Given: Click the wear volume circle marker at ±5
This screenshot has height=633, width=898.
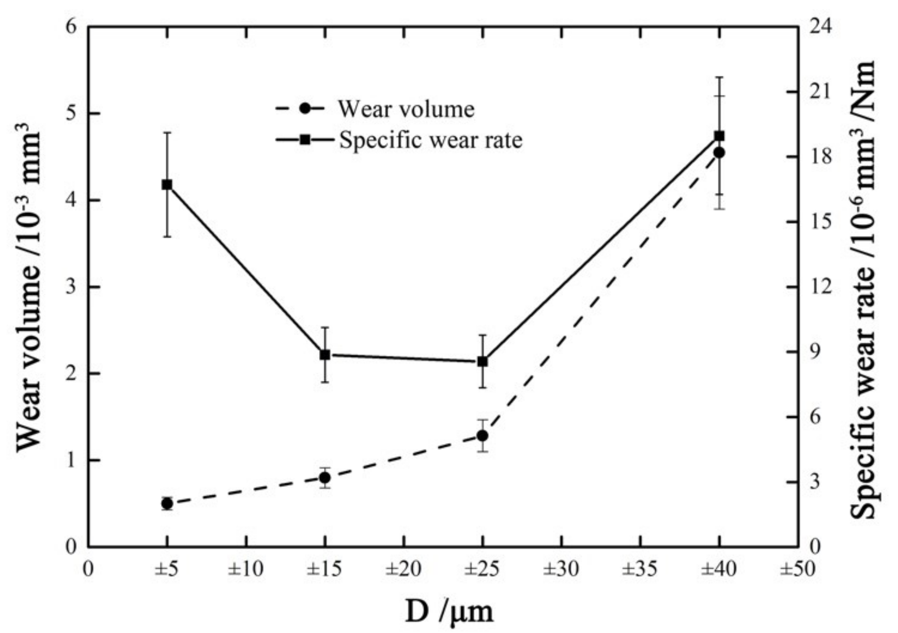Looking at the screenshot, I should (x=167, y=504).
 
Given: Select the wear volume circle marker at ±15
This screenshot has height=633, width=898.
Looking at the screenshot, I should (x=325, y=477).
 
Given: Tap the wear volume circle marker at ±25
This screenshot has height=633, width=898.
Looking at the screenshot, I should (x=482, y=436).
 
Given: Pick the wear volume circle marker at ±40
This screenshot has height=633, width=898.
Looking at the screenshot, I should (x=719, y=153).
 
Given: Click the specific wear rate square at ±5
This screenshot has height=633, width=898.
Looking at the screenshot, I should (x=167, y=185).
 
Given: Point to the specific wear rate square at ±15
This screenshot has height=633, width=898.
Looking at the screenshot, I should (x=325, y=354).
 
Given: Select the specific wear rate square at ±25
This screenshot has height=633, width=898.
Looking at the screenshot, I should (x=482, y=361).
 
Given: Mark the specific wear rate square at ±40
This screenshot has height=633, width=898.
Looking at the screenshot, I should (x=719, y=136).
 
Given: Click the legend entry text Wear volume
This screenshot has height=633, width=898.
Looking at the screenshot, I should (x=406, y=109).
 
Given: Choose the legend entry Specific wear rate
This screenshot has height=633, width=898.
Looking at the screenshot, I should (x=430, y=140).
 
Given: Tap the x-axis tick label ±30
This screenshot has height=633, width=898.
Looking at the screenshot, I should (x=561, y=570).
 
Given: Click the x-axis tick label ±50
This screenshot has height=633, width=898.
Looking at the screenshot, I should (x=797, y=570).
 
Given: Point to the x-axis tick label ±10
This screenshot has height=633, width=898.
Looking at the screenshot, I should (x=246, y=570).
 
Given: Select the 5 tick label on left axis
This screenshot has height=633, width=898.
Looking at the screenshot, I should (x=71, y=114).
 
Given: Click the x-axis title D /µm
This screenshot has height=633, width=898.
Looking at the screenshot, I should (x=449, y=612).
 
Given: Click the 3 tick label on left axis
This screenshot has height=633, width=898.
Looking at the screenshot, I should (x=71, y=287).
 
